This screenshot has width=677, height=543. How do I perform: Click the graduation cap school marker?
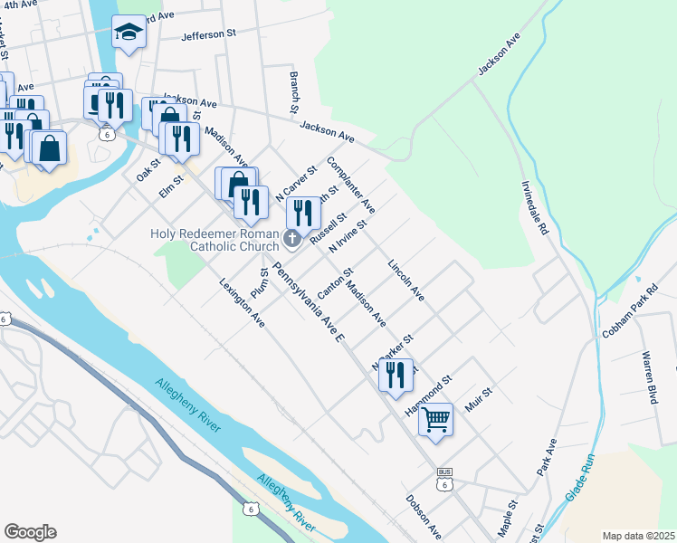click(129, 33)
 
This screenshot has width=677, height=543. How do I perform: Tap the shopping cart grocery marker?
click(435, 419)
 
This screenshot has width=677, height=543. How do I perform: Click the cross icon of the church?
click(291, 239)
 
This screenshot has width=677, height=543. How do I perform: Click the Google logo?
click(30, 532)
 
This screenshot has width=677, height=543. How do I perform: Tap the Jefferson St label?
click(208, 35)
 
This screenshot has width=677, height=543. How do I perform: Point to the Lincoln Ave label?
click(405, 281)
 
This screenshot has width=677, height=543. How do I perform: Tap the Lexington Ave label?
click(242, 301)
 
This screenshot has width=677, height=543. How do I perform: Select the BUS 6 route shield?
click(443, 479)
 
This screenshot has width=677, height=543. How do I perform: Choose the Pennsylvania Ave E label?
click(310, 303)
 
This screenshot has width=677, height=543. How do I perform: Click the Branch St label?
click(293, 92)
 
